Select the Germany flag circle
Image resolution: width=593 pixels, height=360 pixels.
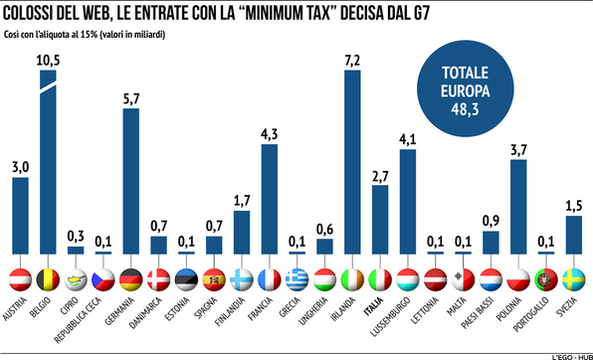pos(130,277)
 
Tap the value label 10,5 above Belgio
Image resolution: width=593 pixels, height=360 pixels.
pos(48,60)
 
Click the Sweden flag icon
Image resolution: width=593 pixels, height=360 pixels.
pos(572,277)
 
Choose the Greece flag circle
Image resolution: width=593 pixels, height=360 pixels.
pos(296,277)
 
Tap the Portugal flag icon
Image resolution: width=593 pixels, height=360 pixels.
pos(544,277)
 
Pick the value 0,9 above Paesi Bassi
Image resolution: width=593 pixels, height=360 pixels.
pos(489,221)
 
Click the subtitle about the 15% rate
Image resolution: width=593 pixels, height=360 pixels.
pos(85,33)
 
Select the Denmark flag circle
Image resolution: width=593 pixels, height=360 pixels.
pos(158,277)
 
